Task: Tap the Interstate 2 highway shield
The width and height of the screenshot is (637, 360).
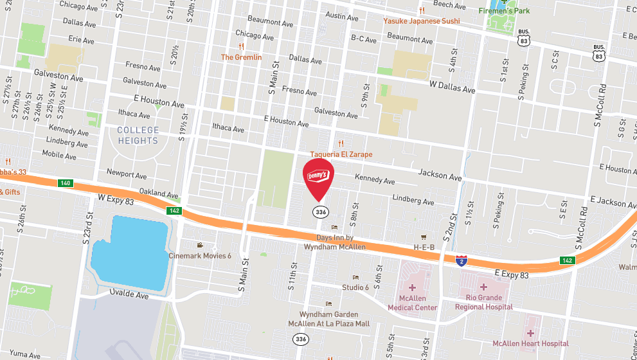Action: click(x=461, y=260)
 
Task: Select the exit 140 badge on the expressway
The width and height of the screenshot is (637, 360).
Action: click(x=65, y=183)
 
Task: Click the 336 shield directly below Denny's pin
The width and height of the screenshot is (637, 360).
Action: click(x=319, y=211)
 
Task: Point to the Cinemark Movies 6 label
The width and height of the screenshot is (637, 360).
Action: click(x=200, y=255)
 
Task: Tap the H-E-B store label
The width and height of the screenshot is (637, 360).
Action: click(x=424, y=247)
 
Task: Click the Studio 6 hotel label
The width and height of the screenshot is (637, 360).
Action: click(x=355, y=287)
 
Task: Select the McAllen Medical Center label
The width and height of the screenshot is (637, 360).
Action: click(x=412, y=303)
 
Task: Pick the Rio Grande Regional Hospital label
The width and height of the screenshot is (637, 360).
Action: click(x=484, y=303)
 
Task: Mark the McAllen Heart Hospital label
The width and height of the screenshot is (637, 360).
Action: click(x=530, y=343)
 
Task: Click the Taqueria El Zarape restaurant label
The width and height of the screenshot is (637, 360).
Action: click(x=341, y=154)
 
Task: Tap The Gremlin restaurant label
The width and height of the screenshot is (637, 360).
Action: click(x=241, y=57)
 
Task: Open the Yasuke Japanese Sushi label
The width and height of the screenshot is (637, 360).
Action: click(x=422, y=21)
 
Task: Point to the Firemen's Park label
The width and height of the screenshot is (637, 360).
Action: click(x=505, y=11)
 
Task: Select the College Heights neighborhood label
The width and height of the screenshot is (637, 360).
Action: click(x=138, y=136)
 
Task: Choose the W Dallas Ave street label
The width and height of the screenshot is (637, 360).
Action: click(x=453, y=87)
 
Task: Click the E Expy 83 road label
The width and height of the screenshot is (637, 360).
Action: click(x=512, y=274)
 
